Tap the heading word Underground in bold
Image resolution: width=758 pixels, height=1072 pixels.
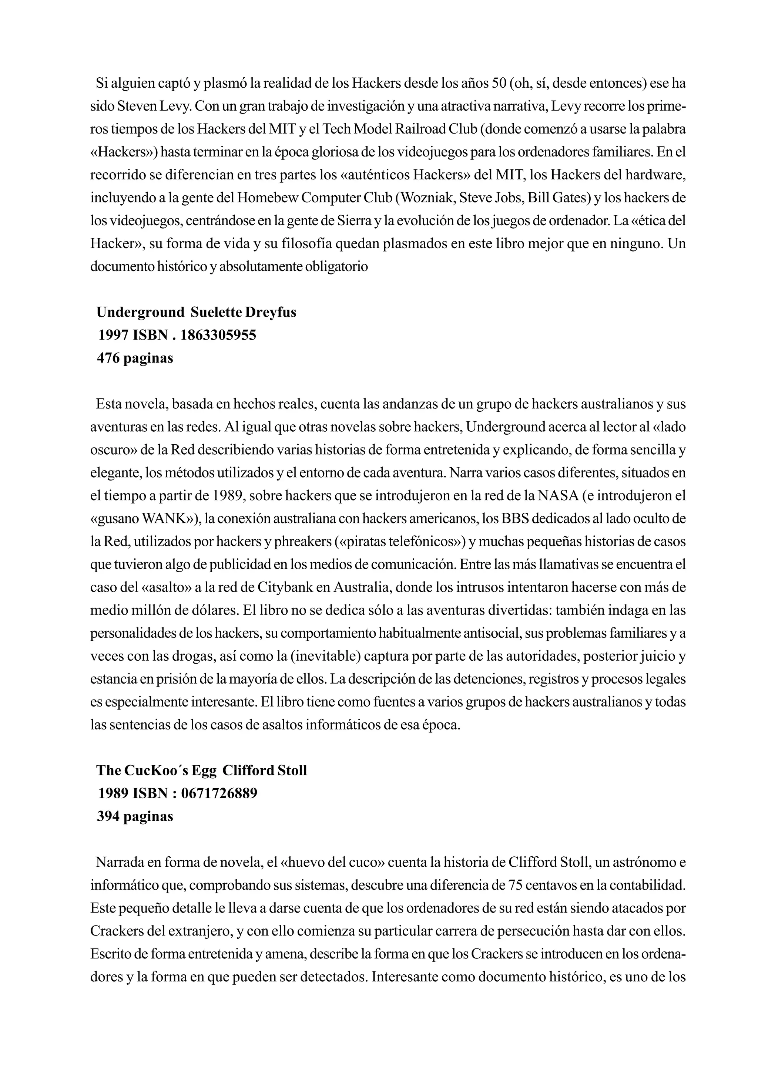pyautogui.click(x=141, y=312)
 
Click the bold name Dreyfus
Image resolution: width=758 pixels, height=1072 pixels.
pyautogui.click(x=271, y=312)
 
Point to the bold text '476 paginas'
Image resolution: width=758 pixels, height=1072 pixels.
pyautogui.click(x=135, y=358)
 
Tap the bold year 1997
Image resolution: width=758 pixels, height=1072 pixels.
pyautogui.click(x=114, y=335)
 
